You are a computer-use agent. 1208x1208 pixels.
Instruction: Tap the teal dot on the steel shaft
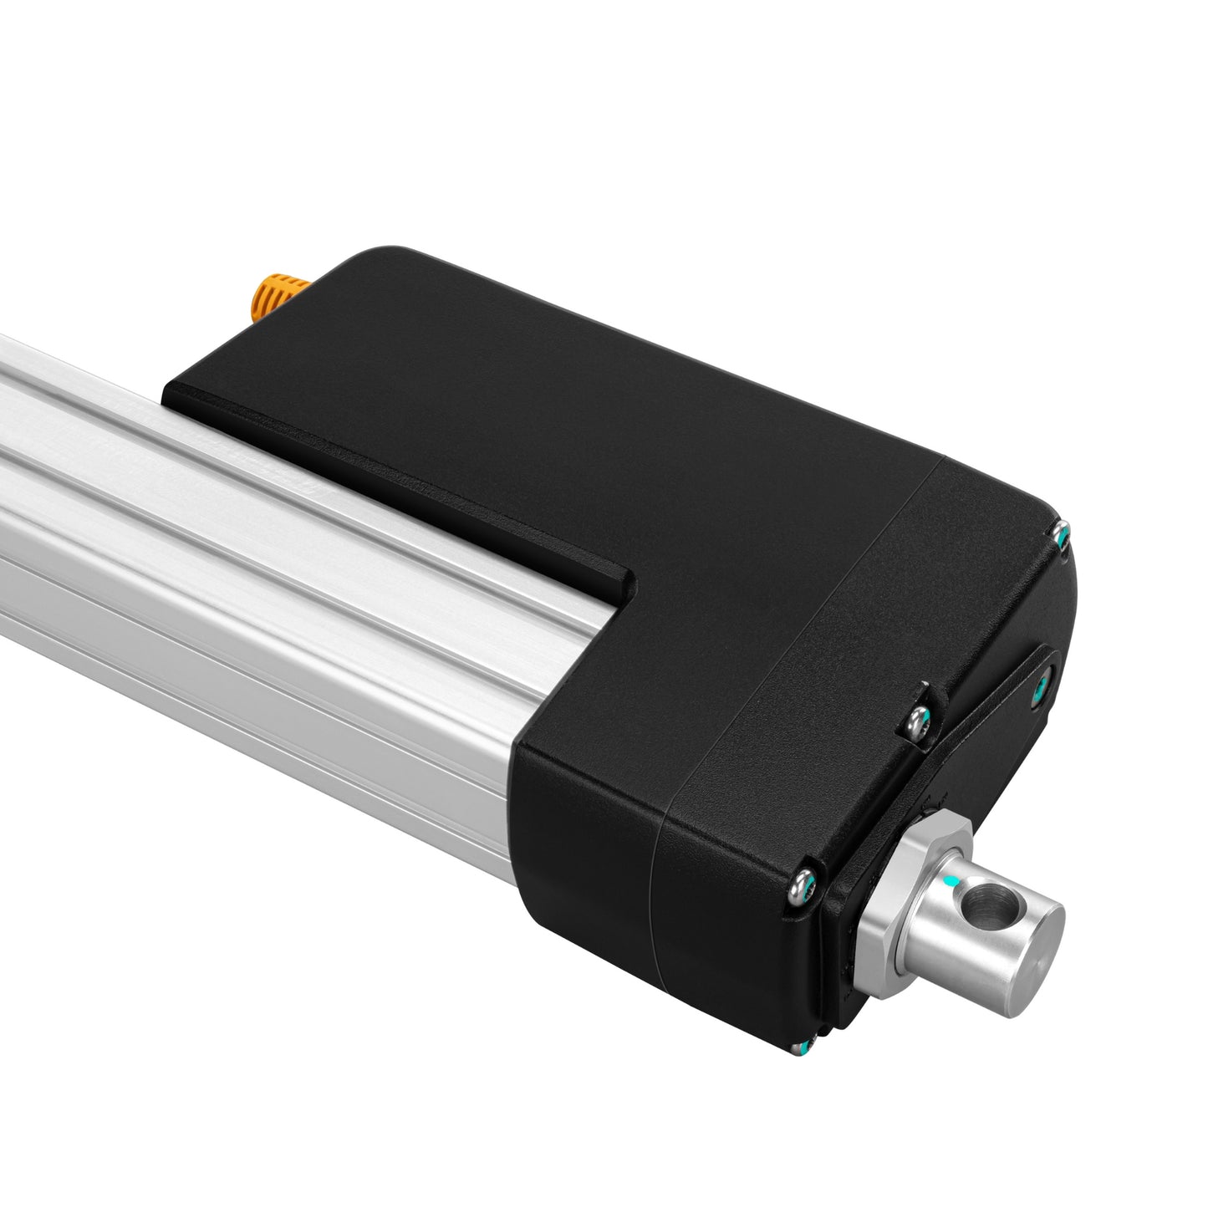946,882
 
